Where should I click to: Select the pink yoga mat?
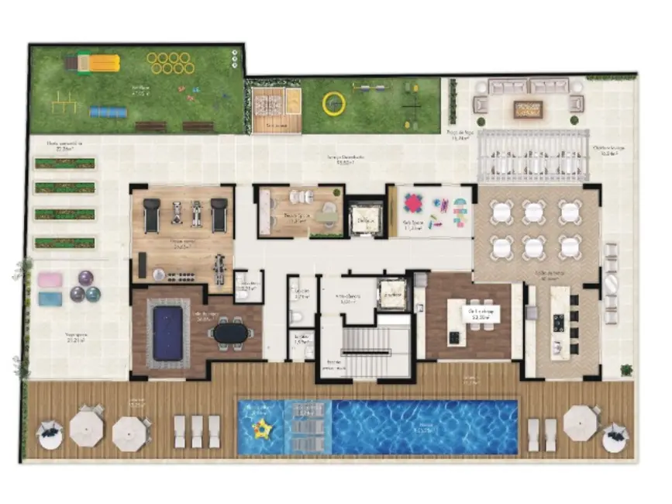click(50, 280)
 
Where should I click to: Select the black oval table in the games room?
click(230, 333)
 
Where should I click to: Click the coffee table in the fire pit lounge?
click(529, 109)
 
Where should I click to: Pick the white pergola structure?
click(532, 155)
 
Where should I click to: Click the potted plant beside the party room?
click(626, 371)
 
